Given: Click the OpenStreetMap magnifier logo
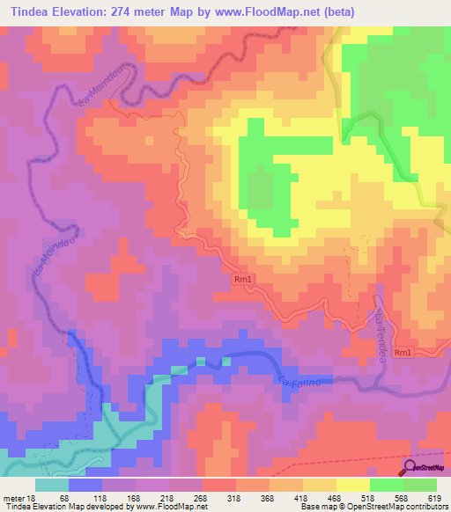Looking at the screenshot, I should click(410, 468).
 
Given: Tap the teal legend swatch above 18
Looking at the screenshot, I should click(52, 485).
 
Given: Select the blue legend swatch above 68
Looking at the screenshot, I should click(85, 485).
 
